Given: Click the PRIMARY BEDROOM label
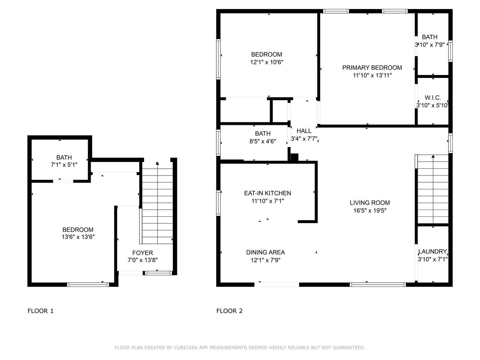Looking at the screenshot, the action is tap(372, 68).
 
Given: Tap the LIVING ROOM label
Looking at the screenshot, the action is tap(370, 203).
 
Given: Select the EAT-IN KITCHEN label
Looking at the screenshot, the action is tap(267, 193).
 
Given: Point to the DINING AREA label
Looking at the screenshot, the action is tap(265, 252).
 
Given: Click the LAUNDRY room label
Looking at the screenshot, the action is tap(432, 252).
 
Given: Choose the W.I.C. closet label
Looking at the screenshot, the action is tap(432, 98).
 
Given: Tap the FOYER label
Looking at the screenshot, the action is tap(142, 253).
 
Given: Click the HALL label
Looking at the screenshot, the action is tap(304, 131).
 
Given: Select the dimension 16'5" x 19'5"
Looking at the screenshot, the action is tap(370, 211).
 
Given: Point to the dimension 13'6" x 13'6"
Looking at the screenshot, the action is tap(78, 237).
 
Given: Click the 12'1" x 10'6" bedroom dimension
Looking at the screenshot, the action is tap(267, 62).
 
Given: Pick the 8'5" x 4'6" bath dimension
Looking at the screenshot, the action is tap(262, 141).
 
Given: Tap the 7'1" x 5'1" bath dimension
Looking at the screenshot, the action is tap(64, 165).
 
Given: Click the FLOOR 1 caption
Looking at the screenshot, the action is tap(40, 311).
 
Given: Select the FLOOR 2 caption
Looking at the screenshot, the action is tap(229, 311).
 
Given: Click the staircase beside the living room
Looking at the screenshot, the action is tap(432, 189).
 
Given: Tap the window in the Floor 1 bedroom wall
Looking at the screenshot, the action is tap(88, 285).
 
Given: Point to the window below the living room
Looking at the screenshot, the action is tap(378, 285).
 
